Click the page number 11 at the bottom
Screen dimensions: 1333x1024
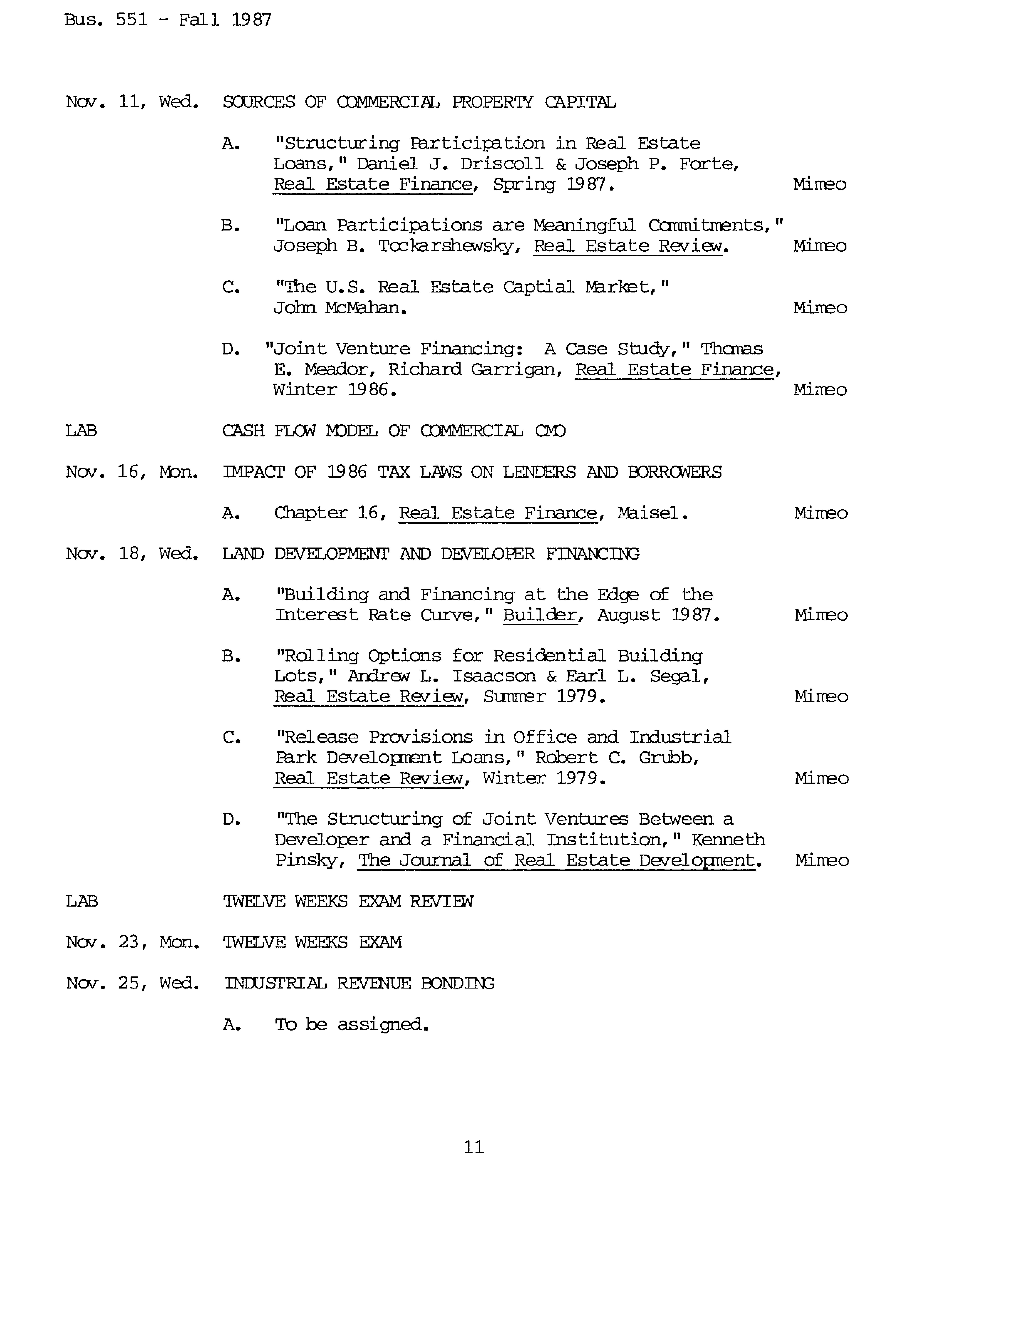click(x=474, y=1147)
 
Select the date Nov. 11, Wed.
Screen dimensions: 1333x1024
click(x=132, y=102)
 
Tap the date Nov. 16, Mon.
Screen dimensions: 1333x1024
click(x=132, y=472)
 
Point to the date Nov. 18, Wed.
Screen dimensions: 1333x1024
click(x=132, y=554)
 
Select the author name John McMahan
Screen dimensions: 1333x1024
click(x=340, y=308)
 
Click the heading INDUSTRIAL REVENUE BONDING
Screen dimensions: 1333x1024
click(x=359, y=983)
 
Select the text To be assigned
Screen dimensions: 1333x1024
click(x=352, y=1025)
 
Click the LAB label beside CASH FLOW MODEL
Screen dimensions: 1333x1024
click(x=81, y=431)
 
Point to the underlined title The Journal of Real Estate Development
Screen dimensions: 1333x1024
click(x=556, y=860)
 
